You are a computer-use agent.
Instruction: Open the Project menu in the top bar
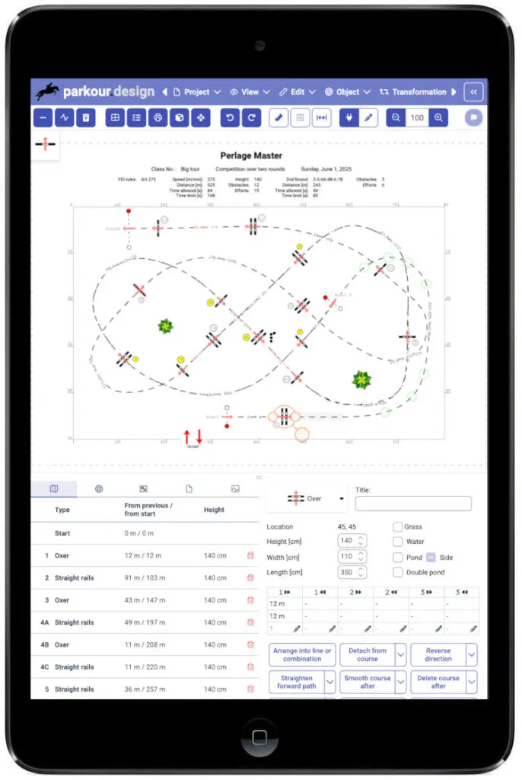[x=196, y=92]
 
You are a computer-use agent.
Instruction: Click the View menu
[x=250, y=92]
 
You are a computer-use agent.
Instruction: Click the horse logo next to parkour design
[x=48, y=91]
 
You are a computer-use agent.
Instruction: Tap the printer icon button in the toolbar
[x=158, y=118]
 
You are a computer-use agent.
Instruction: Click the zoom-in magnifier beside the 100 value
[x=438, y=118]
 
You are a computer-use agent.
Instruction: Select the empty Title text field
[x=413, y=503]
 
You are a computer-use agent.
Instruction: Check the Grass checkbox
[x=398, y=527]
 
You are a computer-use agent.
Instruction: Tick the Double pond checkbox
[x=398, y=573]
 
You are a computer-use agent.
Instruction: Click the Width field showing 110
[x=352, y=557]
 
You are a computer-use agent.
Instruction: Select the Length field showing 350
[x=352, y=573]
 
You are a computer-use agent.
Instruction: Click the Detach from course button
[x=368, y=655]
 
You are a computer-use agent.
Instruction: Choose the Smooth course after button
[x=368, y=682]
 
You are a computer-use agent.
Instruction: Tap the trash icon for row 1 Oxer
[x=250, y=556]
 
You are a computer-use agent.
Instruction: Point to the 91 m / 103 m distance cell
[x=147, y=578]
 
